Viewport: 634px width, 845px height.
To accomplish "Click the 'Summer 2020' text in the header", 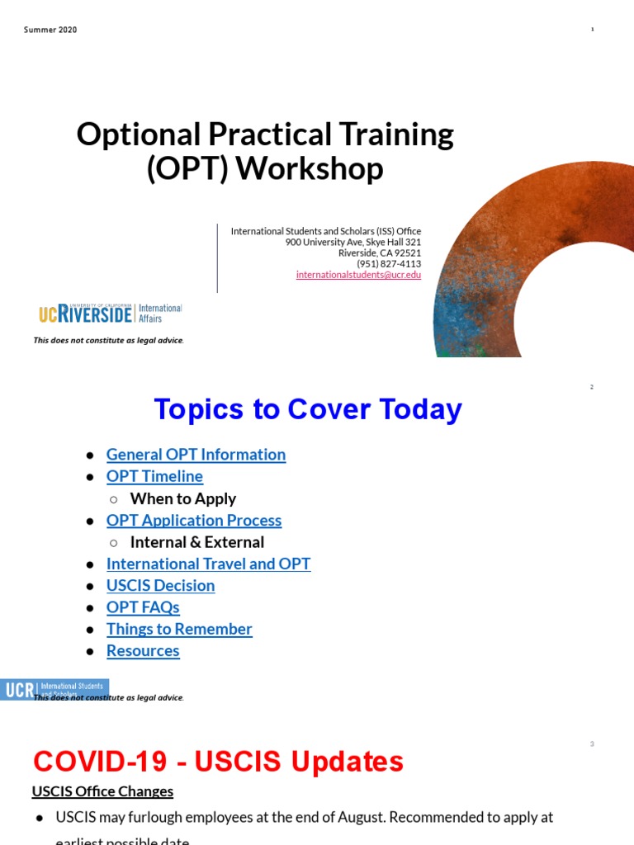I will pyautogui.click(x=50, y=30).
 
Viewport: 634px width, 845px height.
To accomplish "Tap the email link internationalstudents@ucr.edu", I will pyautogui.click(x=358, y=275).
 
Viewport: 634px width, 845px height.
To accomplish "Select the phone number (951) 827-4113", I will pyautogui.click(x=388, y=264).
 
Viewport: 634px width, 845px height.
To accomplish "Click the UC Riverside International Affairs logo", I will pyautogui.click(x=110, y=314).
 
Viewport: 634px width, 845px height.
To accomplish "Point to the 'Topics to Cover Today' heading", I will pyautogui.click(x=307, y=409).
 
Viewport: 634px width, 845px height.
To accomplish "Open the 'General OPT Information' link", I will pyautogui.click(x=196, y=455).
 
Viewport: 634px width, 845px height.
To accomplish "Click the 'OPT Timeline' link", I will pyautogui.click(x=154, y=476).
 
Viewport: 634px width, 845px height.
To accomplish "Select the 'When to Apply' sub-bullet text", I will pyautogui.click(x=182, y=498).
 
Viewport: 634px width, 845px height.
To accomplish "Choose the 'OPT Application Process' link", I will pyautogui.click(x=194, y=520).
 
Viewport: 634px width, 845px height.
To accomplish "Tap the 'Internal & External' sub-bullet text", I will pyautogui.click(x=196, y=542).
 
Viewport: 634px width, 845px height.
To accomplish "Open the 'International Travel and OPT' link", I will pyautogui.click(x=208, y=564).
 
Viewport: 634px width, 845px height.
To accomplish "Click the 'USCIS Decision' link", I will pyautogui.click(x=160, y=585).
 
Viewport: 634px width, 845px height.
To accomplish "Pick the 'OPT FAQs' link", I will pyautogui.click(x=143, y=607).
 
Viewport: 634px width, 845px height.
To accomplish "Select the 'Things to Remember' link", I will pyautogui.click(x=179, y=629).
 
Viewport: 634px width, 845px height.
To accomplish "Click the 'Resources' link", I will pyautogui.click(x=143, y=650).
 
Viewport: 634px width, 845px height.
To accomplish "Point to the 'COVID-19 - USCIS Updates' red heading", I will pyautogui.click(x=217, y=762).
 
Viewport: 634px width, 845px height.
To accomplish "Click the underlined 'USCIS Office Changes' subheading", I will pyautogui.click(x=102, y=791).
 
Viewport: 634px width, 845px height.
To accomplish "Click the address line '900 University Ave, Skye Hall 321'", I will pyautogui.click(x=352, y=243).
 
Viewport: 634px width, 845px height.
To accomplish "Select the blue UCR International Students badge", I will pyautogui.click(x=54, y=689).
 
